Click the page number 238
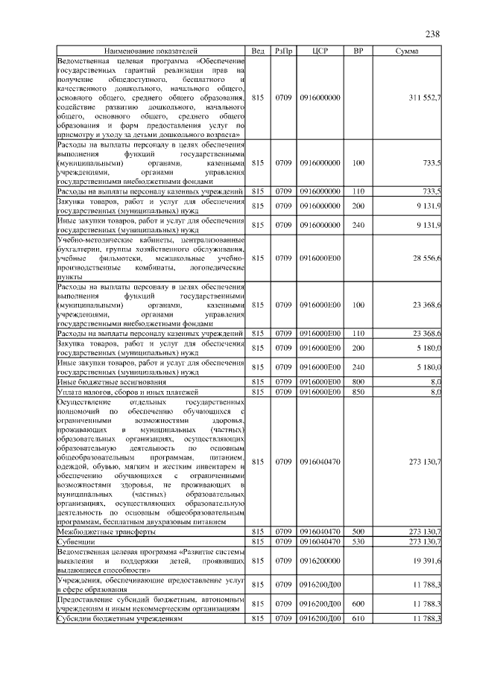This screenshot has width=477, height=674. tap(433, 34)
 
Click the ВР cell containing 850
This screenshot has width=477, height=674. tap(358, 391)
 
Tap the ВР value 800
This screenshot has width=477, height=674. tap(358, 381)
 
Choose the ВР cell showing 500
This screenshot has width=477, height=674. tap(358, 532)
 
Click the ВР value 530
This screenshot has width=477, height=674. tap(358, 541)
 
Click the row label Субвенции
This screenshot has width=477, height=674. tap(78, 541)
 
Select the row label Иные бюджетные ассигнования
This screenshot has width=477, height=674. tap(113, 381)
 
